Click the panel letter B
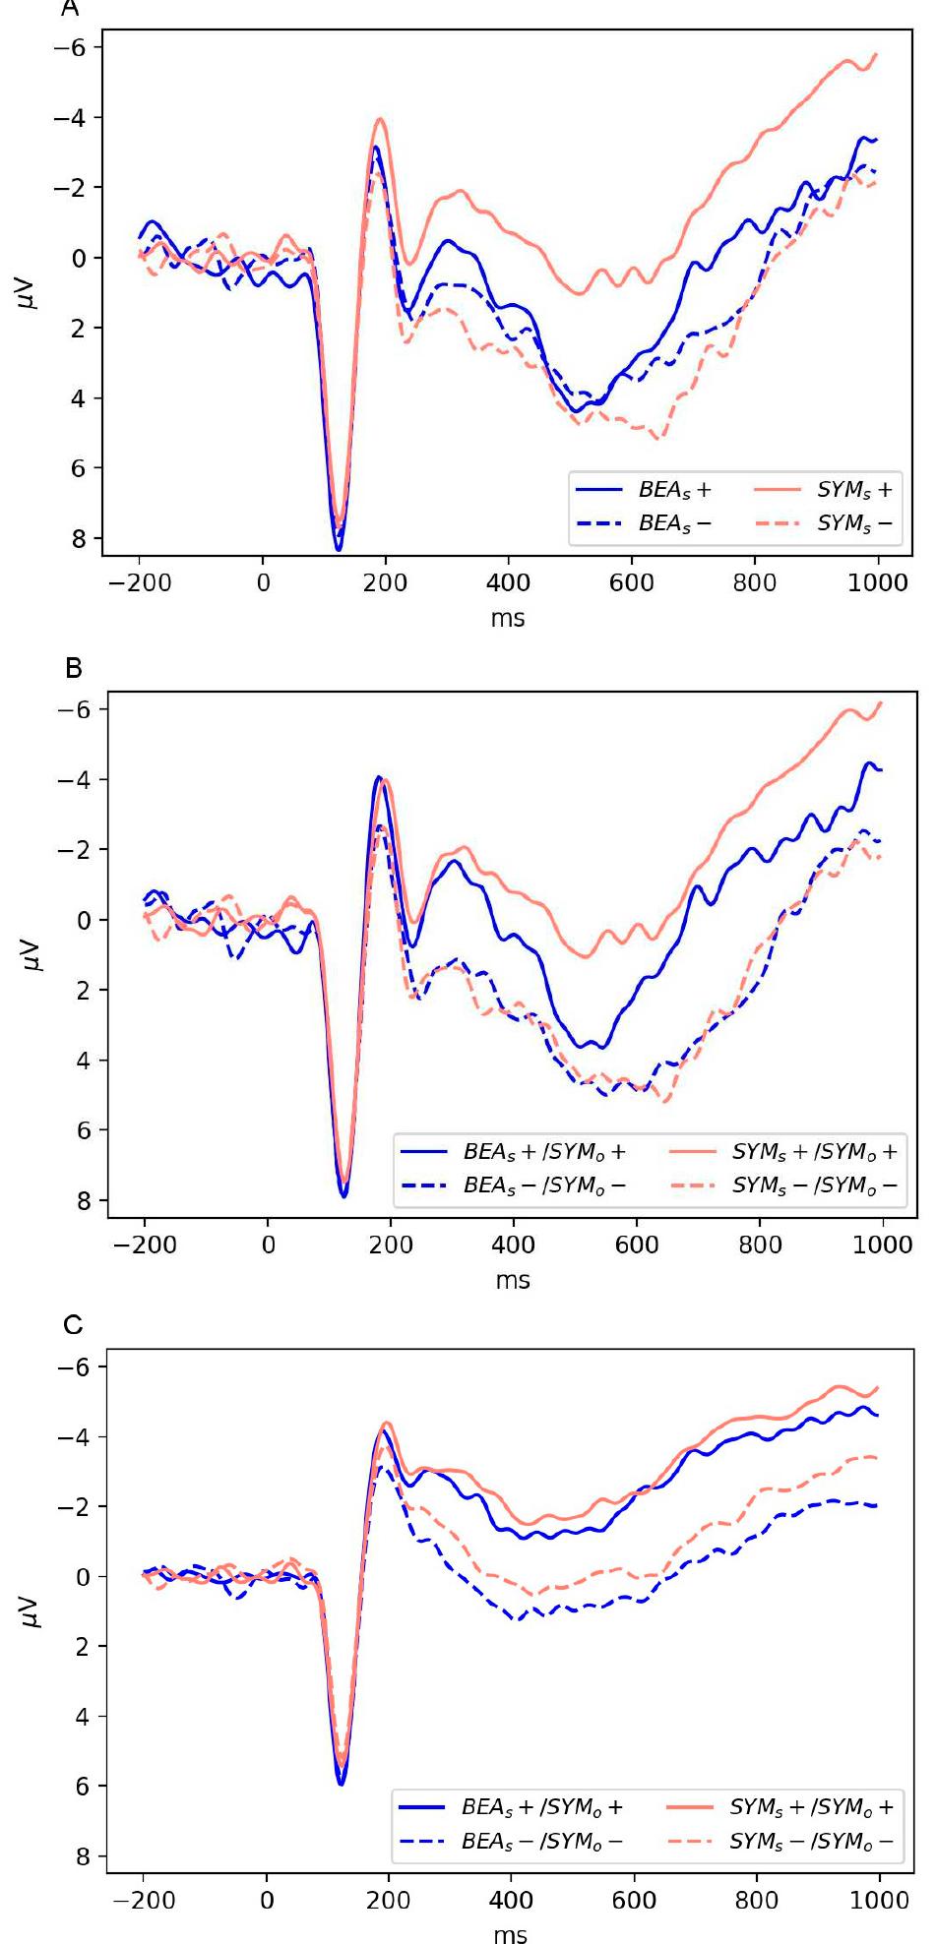point(74,669)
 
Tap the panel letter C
point(74,1325)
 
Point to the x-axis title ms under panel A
point(508,619)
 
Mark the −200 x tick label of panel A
point(141,582)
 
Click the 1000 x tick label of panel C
point(879,1899)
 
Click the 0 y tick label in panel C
point(82,1577)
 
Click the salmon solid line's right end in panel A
point(876,55)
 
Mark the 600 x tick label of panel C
point(634,1899)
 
